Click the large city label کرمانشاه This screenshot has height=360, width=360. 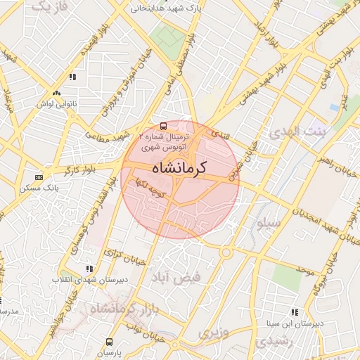180,168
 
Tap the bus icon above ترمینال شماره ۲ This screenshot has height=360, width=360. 164,126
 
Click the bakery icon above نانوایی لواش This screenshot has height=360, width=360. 56,93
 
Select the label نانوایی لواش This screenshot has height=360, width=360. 57,103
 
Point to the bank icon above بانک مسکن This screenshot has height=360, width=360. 38,177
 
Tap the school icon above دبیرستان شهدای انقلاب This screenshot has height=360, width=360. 89,268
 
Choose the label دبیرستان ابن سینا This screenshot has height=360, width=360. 297,323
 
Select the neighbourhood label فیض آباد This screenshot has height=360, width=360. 179,276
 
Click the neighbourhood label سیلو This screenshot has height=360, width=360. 269,223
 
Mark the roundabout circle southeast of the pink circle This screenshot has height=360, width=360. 227,252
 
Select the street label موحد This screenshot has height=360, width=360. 304,269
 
